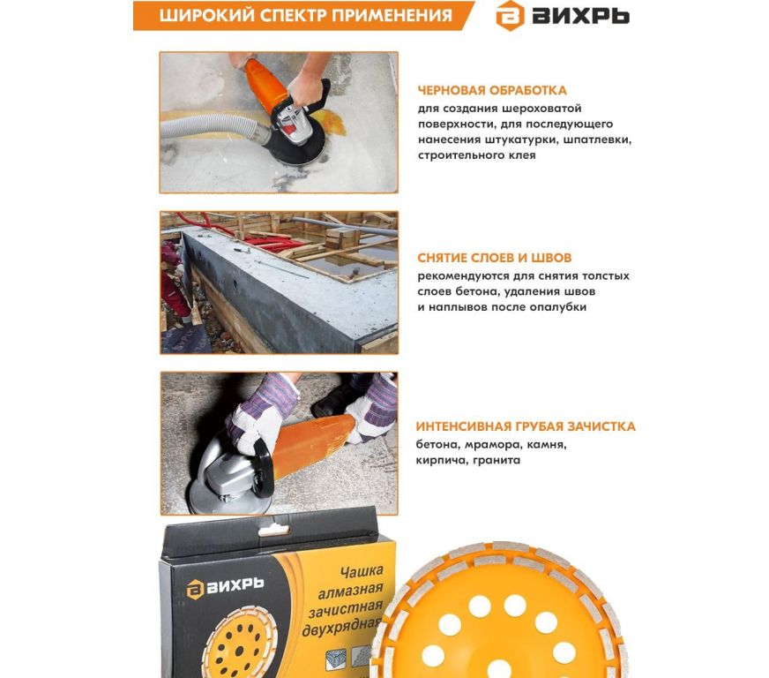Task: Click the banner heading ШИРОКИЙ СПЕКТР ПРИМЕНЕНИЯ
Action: pyautogui.click(x=305, y=15)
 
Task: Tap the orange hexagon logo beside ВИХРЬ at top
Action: pyautogui.click(x=510, y=16)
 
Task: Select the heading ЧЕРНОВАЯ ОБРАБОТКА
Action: pyautogui.click(x=492, y=90)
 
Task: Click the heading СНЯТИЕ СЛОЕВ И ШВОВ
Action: pyautogui.click(x=495, y=258)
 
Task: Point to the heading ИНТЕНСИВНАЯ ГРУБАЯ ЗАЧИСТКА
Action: pyautogui.click(x=526, y=426)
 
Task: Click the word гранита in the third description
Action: pyautogui.click(x=496, y=461)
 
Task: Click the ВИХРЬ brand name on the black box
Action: pyautogui.click(x=235, y=585)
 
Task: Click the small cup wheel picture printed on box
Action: pyautogui.click(x=240, y=644)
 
